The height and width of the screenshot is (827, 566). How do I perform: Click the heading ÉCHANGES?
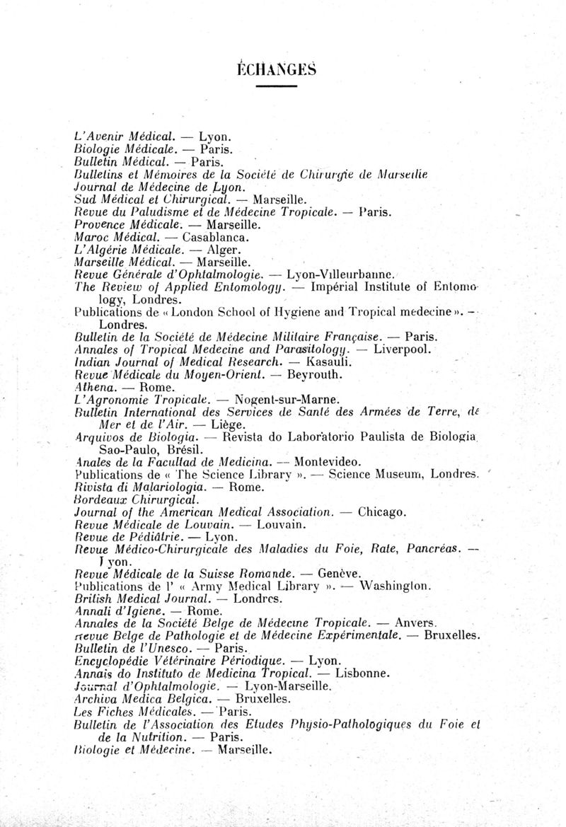click(x=276, y=69)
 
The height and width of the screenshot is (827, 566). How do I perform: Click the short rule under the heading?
click(x=276, y=86)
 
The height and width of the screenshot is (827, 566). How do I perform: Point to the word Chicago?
click(x=382, y=511)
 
